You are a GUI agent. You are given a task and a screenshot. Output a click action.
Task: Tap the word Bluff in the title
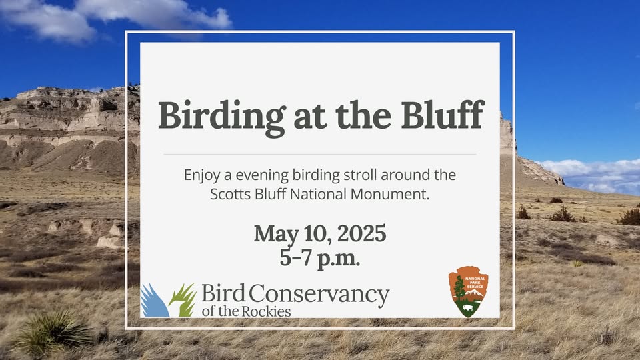[x=443, y=114]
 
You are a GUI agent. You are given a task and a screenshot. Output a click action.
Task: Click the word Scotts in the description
[x=231, y=194]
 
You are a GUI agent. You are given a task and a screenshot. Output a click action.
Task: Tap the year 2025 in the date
[x=361, y=233]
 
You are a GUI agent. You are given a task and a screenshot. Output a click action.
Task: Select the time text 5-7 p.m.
[x=320, y=257]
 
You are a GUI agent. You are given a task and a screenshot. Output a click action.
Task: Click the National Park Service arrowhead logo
[x=468, y=291]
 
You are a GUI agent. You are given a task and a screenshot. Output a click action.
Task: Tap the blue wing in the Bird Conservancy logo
[x=154, y=301]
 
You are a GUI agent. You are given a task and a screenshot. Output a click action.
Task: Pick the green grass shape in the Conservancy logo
[x=183, y=301]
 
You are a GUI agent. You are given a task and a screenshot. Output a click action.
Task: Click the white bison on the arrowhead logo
[x=469, y=308]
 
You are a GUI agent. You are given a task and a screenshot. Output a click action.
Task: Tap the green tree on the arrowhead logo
[x=459, y=289]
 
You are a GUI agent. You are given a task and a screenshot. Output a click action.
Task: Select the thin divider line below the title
[x=320, y=154]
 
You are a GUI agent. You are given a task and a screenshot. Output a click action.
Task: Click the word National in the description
[x=318, y=194]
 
